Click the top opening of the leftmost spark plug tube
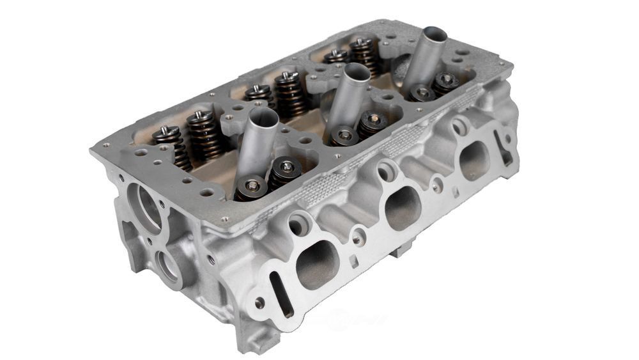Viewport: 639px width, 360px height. coord(264,117)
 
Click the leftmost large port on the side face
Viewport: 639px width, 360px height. coord(317,263)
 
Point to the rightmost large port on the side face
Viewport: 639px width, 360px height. coord(475,160)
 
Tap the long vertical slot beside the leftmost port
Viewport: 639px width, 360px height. coord(279,293)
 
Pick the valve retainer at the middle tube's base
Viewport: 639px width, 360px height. coord(346,135)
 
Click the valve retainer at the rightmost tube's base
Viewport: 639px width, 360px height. coord(422,93)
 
